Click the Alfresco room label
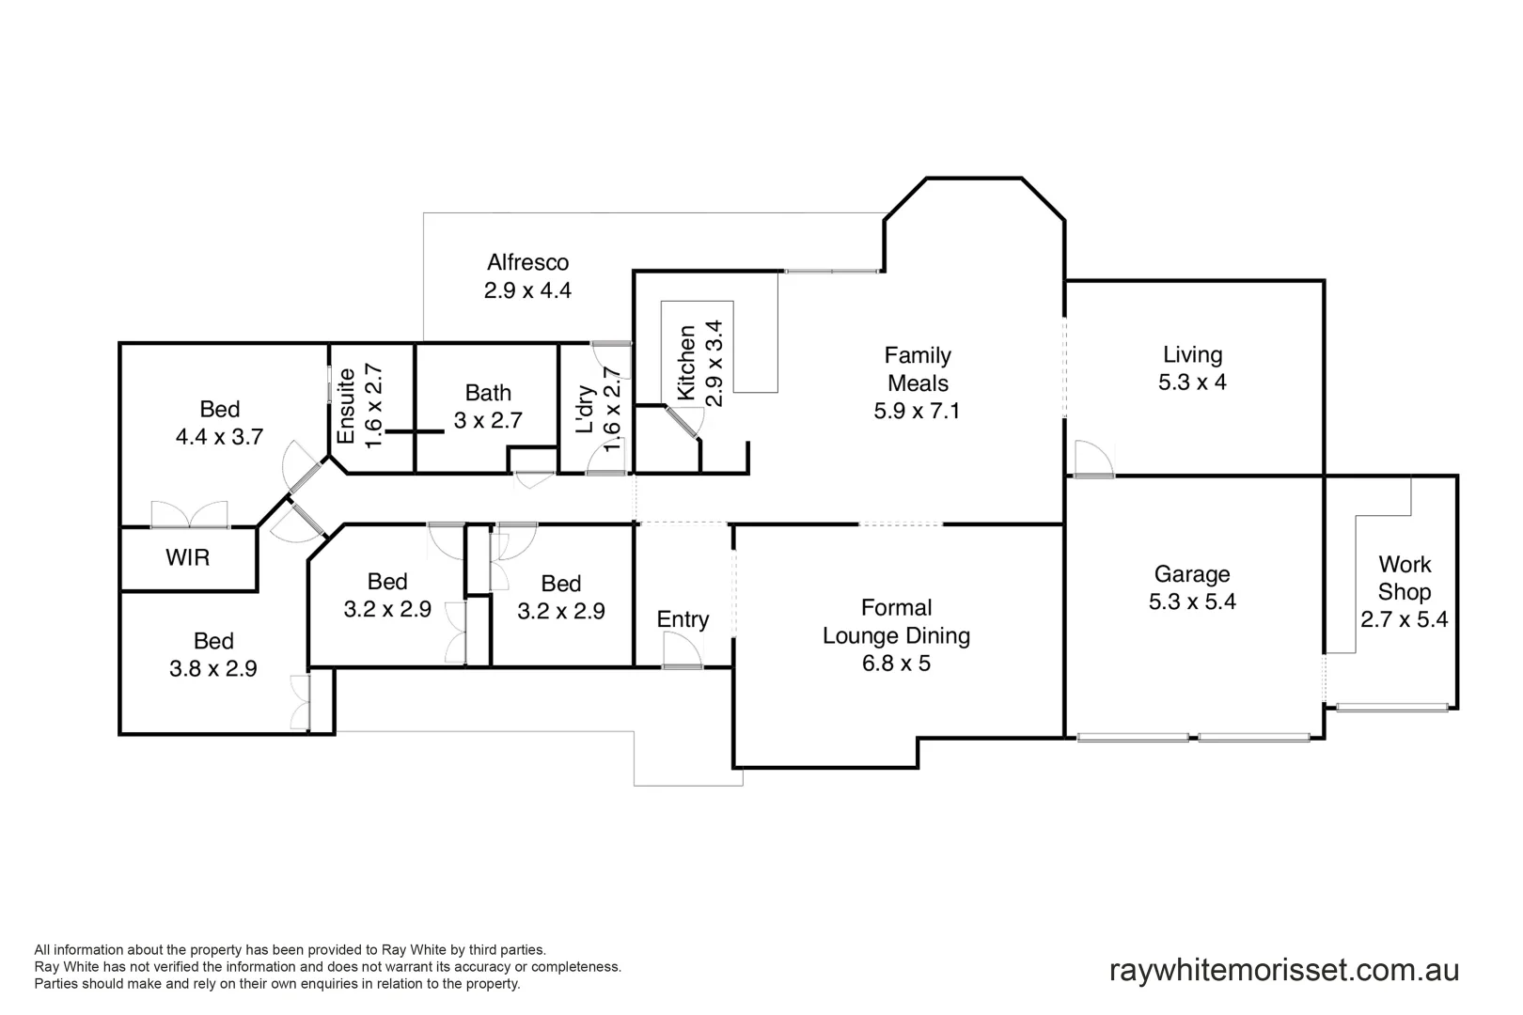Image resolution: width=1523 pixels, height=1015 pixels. coord(527,262)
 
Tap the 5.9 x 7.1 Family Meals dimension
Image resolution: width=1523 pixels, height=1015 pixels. coord(917,411)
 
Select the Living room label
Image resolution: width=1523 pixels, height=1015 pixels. coord(1192,354)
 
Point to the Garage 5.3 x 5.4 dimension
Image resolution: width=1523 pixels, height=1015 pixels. coord(1192,601)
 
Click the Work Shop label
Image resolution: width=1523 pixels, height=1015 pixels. coord(1405,578)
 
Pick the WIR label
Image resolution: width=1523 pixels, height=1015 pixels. coord(187,557)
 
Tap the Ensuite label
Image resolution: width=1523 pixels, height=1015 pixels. coord(346,406)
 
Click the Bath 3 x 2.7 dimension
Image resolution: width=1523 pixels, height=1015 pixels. coord(488,420)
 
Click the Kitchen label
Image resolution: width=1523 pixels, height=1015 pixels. coord(687,363)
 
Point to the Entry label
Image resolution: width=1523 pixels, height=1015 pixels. coord(683,619)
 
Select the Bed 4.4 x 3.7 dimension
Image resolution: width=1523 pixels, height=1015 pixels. coord(219,436)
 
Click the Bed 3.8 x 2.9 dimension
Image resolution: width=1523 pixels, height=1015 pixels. coord(212,668)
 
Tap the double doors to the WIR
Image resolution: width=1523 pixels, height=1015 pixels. coord(190,515)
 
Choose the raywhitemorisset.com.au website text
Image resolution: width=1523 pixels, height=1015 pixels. coord(1284,970)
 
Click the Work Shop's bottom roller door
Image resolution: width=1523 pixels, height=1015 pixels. coord(1391,707)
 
